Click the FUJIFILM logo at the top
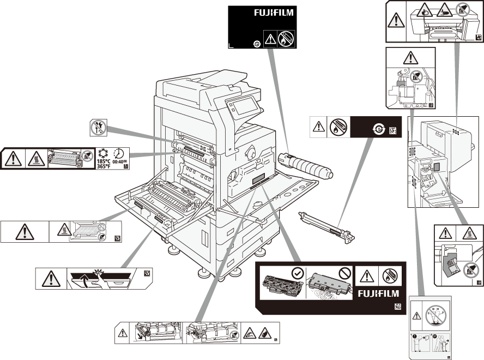274,12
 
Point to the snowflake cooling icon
102,153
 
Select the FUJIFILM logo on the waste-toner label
378,293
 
